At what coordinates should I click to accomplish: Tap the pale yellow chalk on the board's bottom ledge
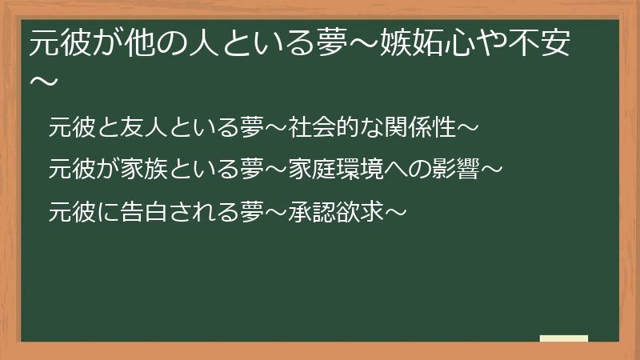pos(564,338)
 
